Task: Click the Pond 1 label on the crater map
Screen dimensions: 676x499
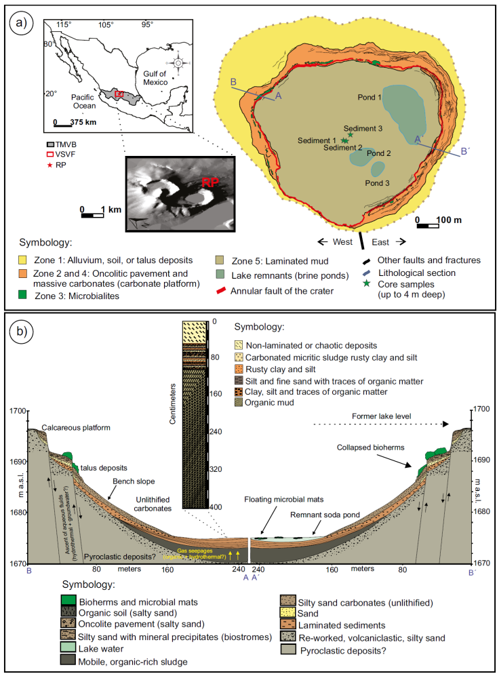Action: pos(370,98)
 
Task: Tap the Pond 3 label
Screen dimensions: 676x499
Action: pos(377,183)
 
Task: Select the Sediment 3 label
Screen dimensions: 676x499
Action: pos(363,128)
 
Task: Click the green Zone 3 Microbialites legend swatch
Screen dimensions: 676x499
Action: pos(23,295)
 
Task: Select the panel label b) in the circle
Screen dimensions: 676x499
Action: pos(20,332)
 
